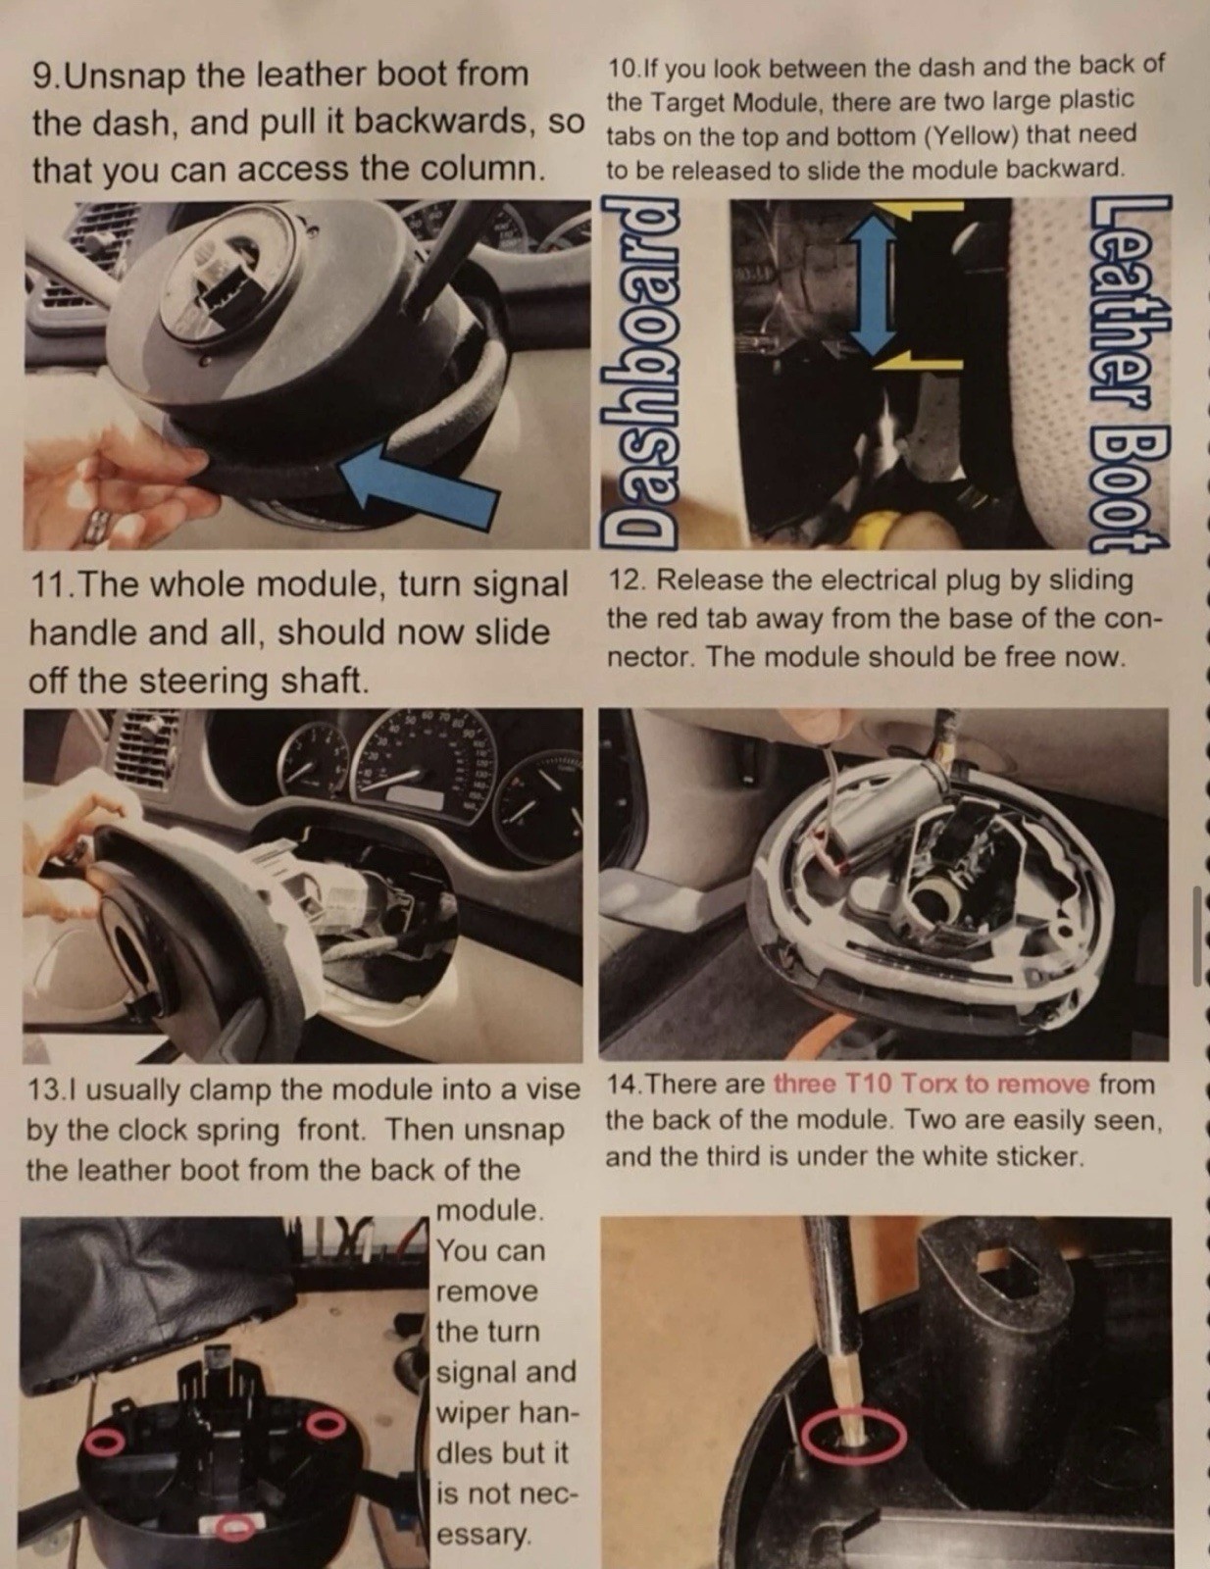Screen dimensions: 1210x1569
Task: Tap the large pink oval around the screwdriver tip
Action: (854, 1434)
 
